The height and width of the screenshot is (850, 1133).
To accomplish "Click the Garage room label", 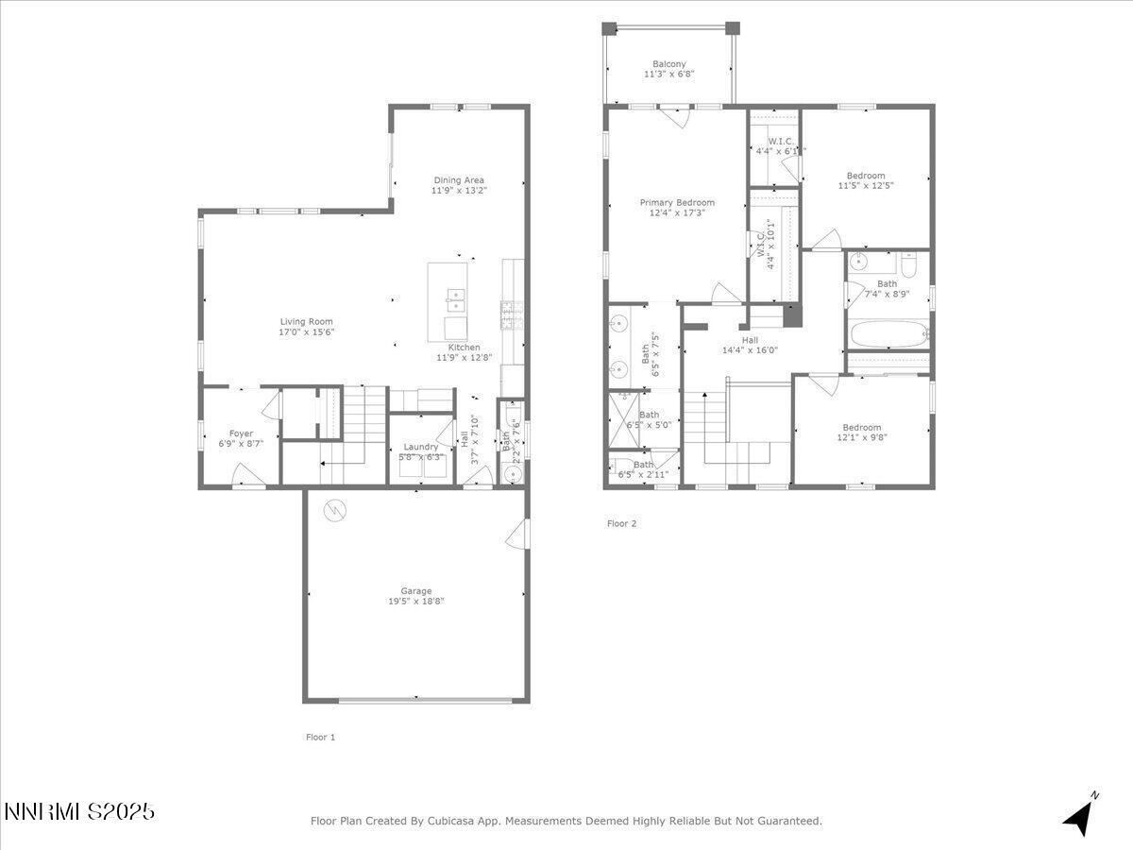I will click(415, 591).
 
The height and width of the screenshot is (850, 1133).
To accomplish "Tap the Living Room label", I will click(306, 321).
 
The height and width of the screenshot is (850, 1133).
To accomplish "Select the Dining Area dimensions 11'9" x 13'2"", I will click(459, 191).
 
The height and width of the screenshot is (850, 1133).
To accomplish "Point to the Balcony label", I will click(669, 64).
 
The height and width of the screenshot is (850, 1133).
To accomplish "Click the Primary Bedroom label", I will click(677, 202).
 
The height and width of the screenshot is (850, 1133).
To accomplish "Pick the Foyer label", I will click(241, 434).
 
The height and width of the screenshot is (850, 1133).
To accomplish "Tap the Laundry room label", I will click(420, 447).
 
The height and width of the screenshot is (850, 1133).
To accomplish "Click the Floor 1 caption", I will click(320, 737).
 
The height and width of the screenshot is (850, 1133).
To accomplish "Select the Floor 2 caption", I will click(621, 523).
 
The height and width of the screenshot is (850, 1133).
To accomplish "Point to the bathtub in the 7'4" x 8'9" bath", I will click(888, 334).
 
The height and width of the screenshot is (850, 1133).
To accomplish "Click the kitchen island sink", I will click(456, 301).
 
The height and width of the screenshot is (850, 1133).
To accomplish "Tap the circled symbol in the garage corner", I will click(334, 511).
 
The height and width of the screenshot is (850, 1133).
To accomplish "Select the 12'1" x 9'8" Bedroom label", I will click(862, 427).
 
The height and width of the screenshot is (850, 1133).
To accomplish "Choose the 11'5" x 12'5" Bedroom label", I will click(866, 176).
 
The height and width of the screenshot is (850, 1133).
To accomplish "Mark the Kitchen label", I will click(464, 348).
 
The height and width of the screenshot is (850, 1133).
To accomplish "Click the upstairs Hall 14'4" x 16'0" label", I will click(750, 340).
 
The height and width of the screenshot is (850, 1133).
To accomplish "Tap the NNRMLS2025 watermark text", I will click(79, 811).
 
